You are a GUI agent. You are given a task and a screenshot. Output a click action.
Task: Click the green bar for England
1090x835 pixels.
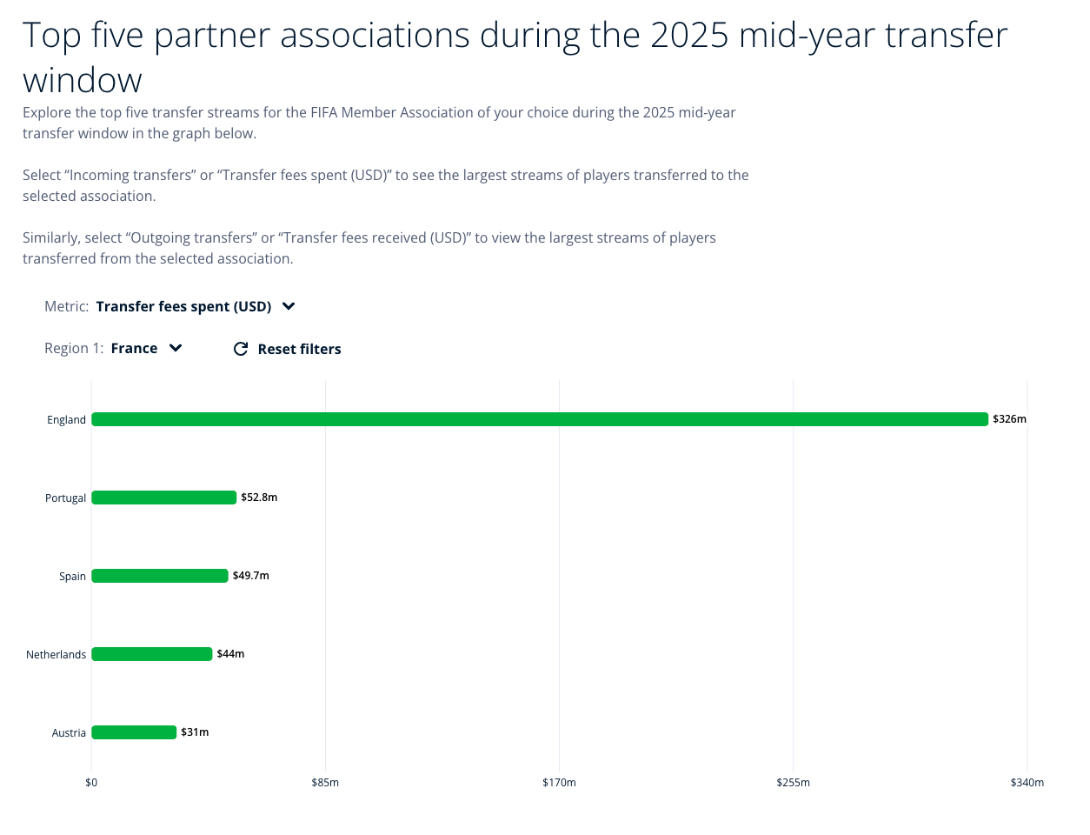(540, 419)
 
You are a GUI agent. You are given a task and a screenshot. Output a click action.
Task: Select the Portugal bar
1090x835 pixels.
(163, 498)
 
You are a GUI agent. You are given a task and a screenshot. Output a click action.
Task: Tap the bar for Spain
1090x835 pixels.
(160, 576)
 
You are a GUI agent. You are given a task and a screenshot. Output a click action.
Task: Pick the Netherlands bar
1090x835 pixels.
(152, 654)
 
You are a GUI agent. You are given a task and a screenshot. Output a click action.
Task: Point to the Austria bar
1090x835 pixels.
(134, 732)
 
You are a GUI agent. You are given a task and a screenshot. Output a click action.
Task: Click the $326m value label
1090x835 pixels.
(1009, 419)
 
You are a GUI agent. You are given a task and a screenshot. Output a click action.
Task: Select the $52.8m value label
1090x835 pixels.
(259, 498)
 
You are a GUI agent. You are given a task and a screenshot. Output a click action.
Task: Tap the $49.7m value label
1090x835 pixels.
(251, 576)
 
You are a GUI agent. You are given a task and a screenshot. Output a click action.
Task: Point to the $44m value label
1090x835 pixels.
(230, 654)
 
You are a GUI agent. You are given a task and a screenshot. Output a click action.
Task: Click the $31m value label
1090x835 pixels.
(195, 732)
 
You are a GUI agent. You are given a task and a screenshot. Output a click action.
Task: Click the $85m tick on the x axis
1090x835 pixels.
(325, 783)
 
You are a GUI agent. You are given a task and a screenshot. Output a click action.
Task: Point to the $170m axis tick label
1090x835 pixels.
(559, 783)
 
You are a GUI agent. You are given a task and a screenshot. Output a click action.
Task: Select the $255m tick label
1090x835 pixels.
(793, 783)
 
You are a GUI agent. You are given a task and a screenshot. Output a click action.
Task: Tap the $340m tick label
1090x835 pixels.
(1027, 783)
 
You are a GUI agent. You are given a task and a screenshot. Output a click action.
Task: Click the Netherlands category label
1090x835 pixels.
(56, 655)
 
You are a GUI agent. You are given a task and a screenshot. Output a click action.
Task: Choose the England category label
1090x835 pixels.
(67, 420)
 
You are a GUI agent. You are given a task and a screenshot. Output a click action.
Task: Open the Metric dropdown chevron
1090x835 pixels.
(289, 306)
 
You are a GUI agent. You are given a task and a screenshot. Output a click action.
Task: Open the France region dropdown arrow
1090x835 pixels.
(176, 348)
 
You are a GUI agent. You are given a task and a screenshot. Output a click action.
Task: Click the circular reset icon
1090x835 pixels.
(241, 349)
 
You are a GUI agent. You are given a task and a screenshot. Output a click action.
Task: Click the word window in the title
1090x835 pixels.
(83, 81)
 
